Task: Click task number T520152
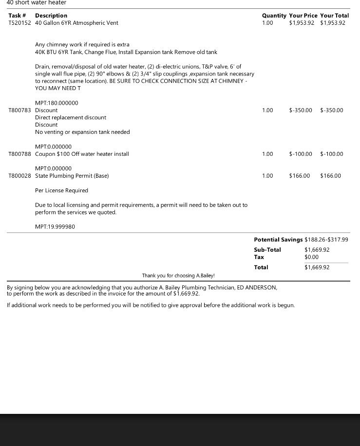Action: (20, 23)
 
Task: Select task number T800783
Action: (20, 111)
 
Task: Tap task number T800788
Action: (20, 154)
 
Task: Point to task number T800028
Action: (20, 176)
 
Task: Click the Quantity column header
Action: (274, 16)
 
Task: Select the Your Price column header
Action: (303, 16)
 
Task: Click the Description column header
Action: (51, 16)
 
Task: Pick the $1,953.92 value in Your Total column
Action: (333, 23)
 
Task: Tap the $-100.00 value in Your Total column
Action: (332, 154)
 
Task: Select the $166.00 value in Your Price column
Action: (300, 176)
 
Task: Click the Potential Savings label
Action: (278, 240)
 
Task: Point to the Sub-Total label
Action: (267, 250)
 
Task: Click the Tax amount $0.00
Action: (311, 257)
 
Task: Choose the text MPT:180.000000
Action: (57, 103)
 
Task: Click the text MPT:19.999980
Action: (55, 227)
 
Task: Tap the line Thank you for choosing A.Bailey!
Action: (178, 276)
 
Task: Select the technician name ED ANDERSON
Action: (257, 288)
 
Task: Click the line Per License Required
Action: (61, 190)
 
